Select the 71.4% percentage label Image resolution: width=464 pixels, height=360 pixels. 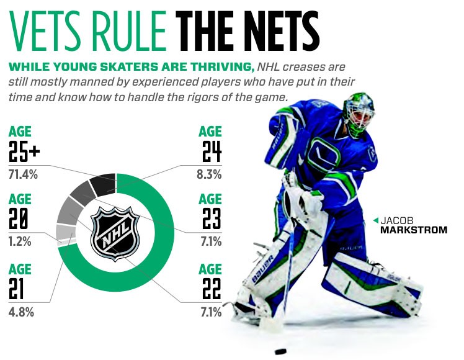(24, 174)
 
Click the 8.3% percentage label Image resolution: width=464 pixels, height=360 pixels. (209, 174)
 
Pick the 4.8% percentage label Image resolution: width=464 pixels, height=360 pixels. (21, 312)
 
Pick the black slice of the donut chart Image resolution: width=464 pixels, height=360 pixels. (102, 184)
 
